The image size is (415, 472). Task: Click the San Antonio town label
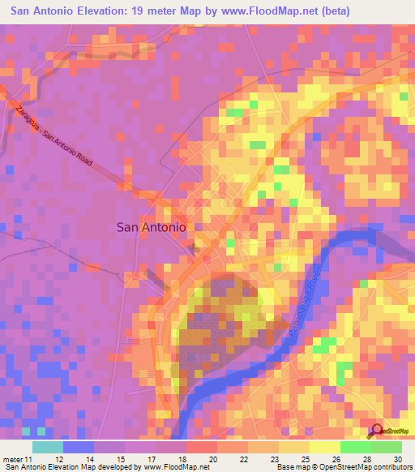pos(152,228)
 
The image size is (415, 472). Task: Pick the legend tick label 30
pos(398,460)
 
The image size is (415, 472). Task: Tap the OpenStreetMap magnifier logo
pos(375,431)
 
